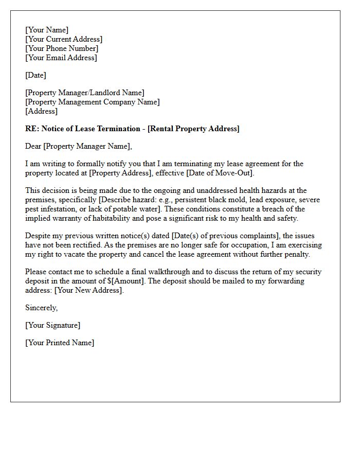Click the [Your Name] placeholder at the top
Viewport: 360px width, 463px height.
pyautogui.click(x=47, y=30)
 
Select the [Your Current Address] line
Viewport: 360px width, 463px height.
pyautogui.click(x=64, y=39)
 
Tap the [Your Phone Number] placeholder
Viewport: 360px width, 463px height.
pyautogui.click(x=62, y=48)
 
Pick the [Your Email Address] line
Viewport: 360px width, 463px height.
pyautogui.click(x=61, y=58)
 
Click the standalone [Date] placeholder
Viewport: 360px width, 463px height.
pyautogui.click(x=35, y=75)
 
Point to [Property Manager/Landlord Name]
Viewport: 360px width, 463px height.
pyautogui.click(x=85, y=93)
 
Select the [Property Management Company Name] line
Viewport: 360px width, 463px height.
pyautogui.click(x=93, y=102)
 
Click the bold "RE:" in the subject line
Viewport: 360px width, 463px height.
pyautogui.click(x=31, y=129)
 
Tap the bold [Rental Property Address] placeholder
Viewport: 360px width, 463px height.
pyautogui.click(x=193, y=129)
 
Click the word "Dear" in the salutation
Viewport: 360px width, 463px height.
pyautogui.click(x=33, y=146)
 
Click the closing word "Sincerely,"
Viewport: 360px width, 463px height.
pyautogui.click(x=42, y=308)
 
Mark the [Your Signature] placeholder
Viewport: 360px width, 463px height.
pyautogui.click(x=52, y=325)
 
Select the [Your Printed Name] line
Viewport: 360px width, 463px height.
pyautogui.click(x=60, y=343)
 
